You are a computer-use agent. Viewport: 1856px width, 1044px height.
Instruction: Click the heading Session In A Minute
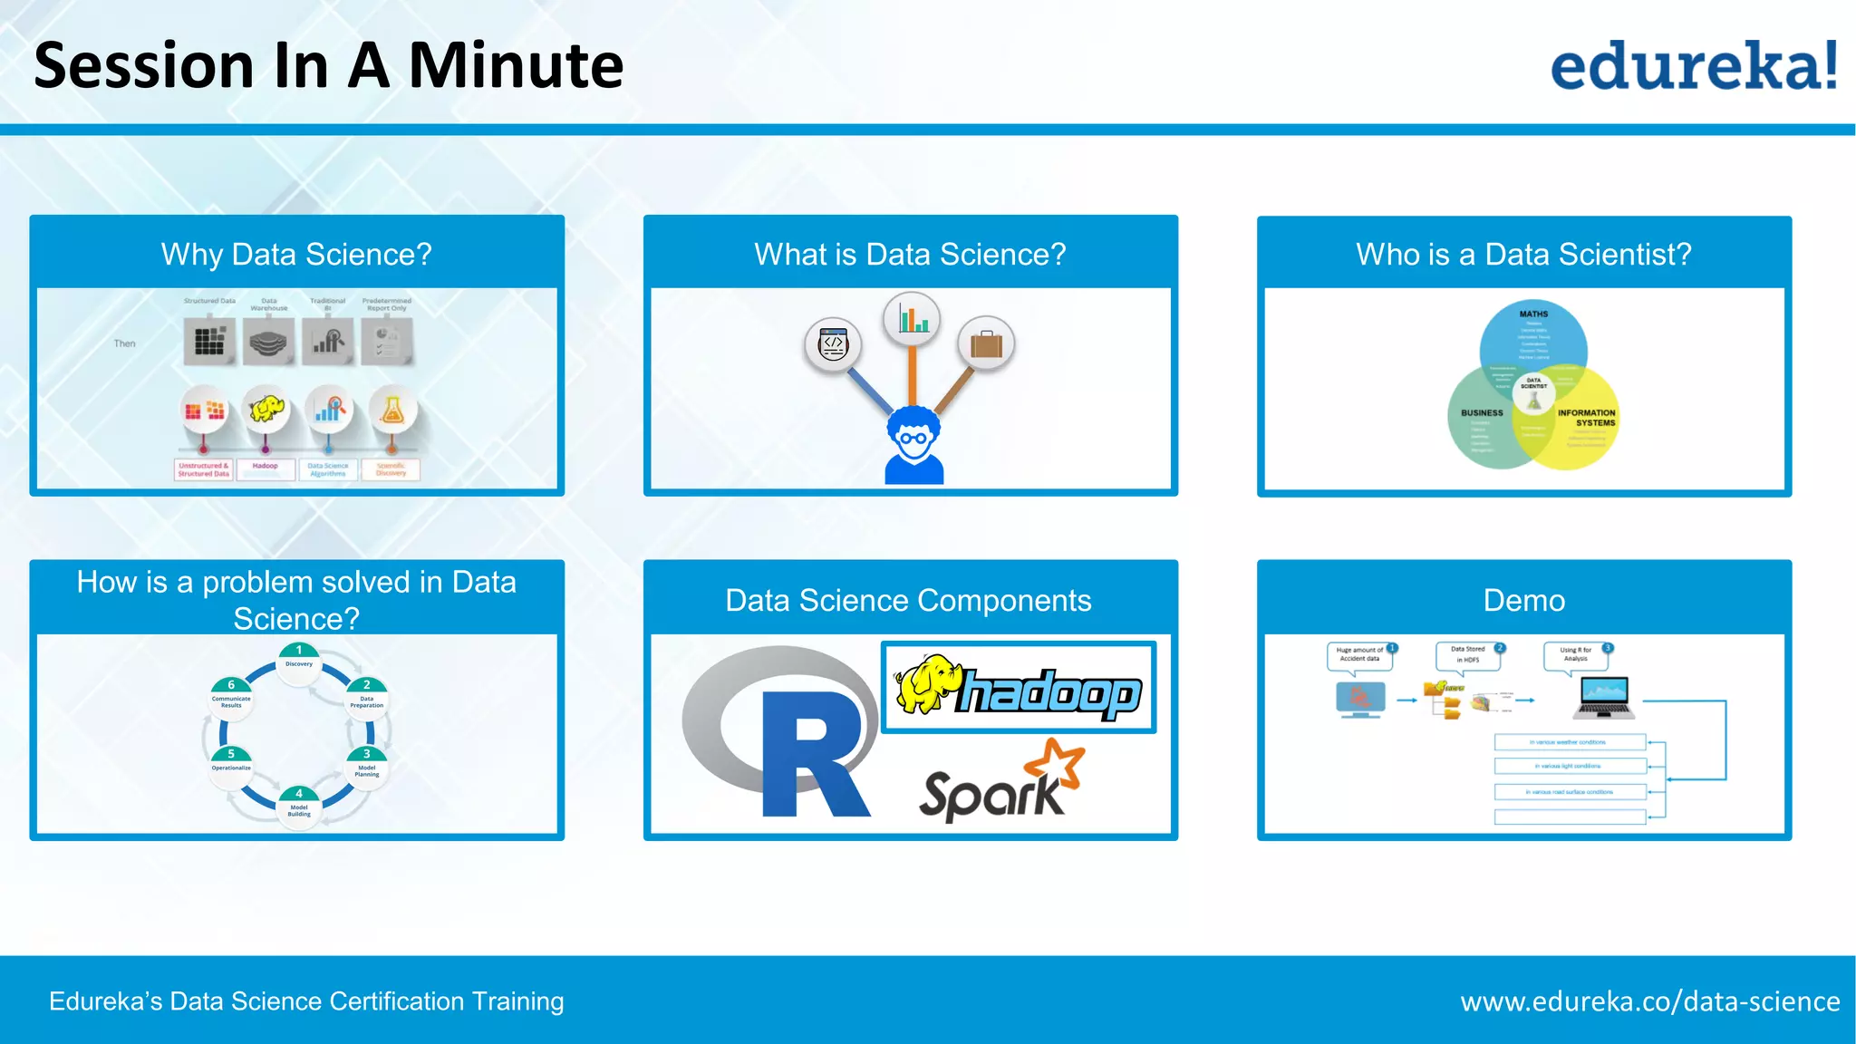(328, 65)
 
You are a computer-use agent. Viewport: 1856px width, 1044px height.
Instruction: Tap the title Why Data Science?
(296, 254)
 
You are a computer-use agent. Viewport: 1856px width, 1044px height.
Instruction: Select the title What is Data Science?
(910, 254)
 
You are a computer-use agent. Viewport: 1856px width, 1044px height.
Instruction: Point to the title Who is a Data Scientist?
(1523, 254)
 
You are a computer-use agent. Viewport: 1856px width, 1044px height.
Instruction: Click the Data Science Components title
(908, 600)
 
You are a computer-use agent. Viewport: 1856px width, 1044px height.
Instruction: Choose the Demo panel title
(1523, 600)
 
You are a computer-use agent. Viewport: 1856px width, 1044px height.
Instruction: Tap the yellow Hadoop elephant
(924, 684)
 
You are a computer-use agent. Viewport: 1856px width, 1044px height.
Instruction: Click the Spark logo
(1001, 784)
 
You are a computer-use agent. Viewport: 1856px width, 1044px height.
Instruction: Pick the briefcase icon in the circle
(986, 344)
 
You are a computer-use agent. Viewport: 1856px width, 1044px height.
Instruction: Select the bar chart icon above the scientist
(912, 320)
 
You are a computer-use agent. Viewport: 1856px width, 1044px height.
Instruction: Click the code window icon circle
(833, 344)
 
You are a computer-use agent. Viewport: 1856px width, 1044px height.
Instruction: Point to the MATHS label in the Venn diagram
(1533, 314)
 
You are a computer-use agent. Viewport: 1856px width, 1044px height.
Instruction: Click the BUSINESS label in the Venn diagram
(1482, 412)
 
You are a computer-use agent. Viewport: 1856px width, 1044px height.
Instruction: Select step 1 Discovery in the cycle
(299, 658)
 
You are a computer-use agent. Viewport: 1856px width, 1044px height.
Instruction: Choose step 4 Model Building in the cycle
(299, 803)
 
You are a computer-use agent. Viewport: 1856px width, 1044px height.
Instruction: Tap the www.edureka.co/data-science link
(1649, 1001)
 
